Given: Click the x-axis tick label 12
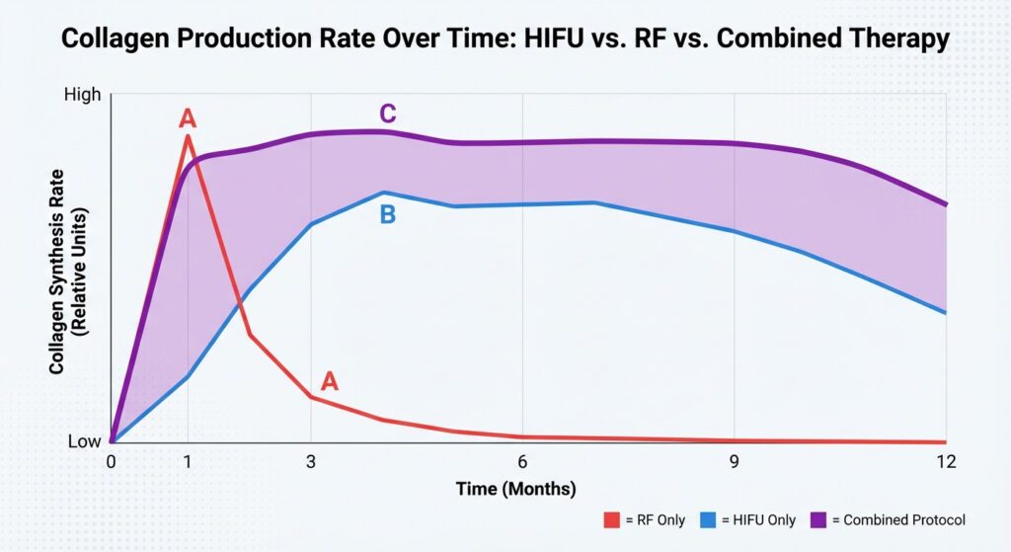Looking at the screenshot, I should click(x=945, y=461).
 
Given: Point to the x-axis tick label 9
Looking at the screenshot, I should click(x=734, y=461).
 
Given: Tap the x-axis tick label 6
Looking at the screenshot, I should click(x=522, y=461).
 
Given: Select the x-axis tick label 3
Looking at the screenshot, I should click(x=311, y=461).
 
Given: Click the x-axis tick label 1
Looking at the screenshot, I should click(x=188, y=461).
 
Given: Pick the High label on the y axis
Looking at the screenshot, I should click(x=82, y=95).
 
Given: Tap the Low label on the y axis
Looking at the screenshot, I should click(x=84, y=441).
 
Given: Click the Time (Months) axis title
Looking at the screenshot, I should click(x=515, y=489).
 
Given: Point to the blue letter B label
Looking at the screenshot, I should click(x=388, y=214).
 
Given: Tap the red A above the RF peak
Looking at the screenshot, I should click(x=188, y=119).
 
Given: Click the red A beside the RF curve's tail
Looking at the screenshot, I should click(x=330, y=381).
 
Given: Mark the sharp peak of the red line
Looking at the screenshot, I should click(x=188, y=136).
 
